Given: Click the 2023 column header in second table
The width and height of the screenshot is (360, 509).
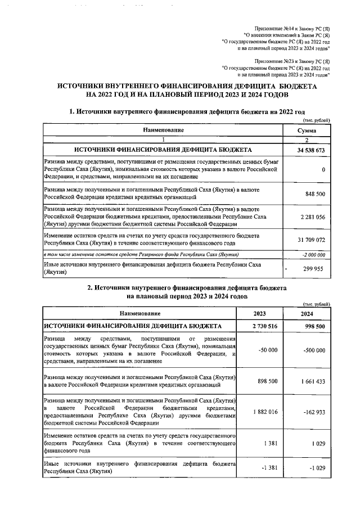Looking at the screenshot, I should click(x=260, y=314).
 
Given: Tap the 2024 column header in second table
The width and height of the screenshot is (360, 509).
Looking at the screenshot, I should click(x=307, y=314).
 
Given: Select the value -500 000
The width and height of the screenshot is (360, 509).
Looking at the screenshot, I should click(x=312, y=350).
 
